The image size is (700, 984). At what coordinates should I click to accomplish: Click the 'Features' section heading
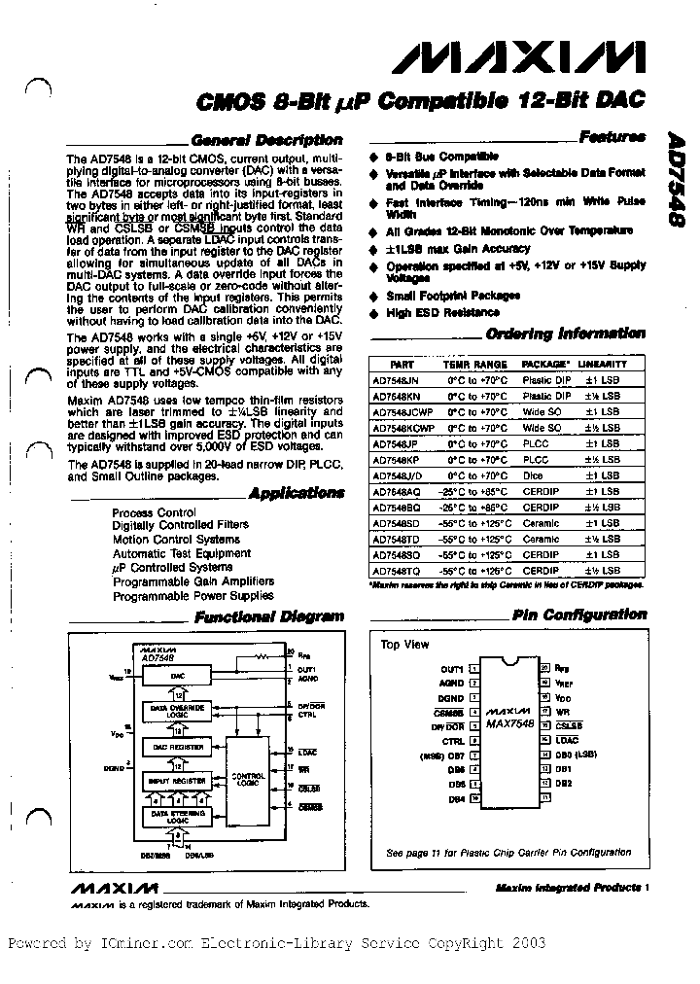tap(612, 137)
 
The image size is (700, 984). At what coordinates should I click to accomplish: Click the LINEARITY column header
tap(603, 364)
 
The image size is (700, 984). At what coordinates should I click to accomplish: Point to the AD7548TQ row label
tap(395, 571)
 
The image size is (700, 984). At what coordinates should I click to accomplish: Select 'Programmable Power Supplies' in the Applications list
tap(192, 595)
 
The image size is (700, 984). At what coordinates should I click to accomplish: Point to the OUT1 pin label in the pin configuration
tap(451, 669)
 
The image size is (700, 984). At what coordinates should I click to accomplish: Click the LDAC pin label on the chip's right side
tap(566, 740)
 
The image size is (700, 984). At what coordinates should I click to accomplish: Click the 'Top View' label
tap(403, 645)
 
